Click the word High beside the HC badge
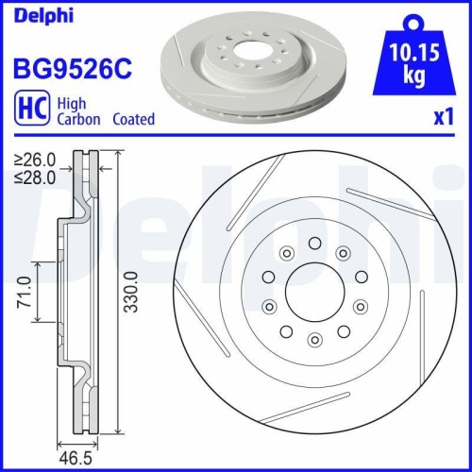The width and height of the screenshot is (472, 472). tap(73, 105)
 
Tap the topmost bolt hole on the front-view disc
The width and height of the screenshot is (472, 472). tap(313, 244)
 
